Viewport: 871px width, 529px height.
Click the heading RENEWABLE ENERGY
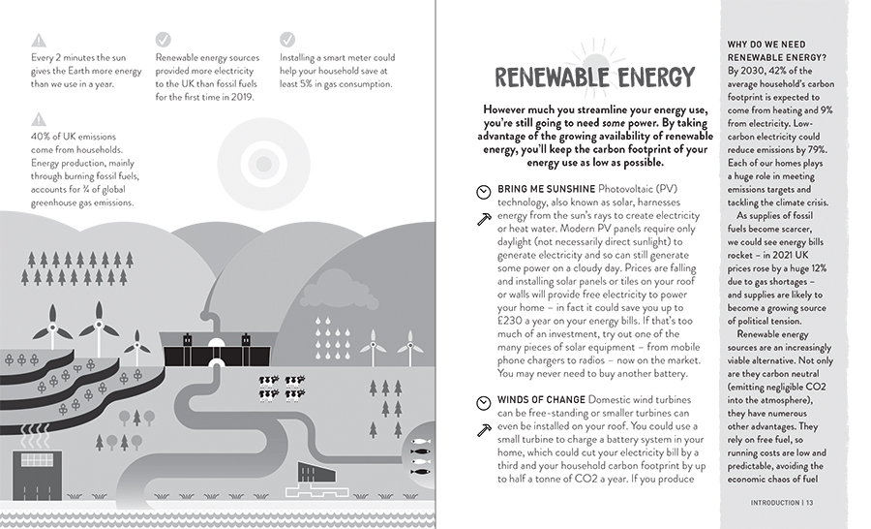point(594,78)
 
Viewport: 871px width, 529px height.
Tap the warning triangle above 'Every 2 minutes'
point(38,40)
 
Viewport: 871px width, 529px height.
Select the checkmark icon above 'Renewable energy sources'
point(163,40)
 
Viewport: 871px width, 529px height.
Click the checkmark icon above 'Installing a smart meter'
point(287,40)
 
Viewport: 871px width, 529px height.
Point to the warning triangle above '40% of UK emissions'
point(38,119)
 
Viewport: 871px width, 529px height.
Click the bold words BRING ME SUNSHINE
point(546,188)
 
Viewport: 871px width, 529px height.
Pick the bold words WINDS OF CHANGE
point(541,400)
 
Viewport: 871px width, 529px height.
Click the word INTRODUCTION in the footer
point(774,502)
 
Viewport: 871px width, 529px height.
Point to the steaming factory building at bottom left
point(37,484)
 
